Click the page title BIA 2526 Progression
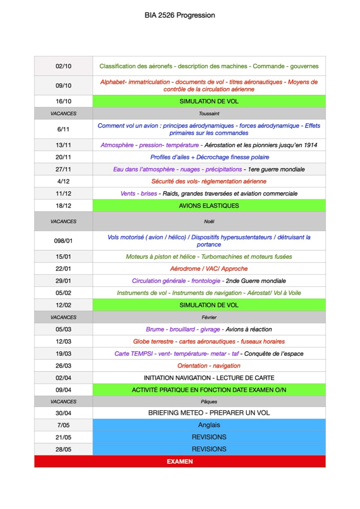coord(180,15)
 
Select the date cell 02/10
coord(64,66)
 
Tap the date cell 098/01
coord(64,241)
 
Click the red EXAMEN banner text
coord(180,461)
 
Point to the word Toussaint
coord(209,114)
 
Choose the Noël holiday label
coord(209,221)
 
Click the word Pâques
coord(209,401)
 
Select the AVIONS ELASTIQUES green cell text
coord(209,206)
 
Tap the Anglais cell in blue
coord(209,425)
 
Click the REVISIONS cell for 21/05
coord(209,437)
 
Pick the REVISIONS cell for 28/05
coord(209,449)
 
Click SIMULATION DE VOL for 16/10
coord(209,102)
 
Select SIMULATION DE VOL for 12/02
coord(209,305)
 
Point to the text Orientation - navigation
coord(209,366)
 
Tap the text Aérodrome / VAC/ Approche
coord(209,268)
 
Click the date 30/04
coord(64,413)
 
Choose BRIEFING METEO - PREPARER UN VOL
coord(209,413)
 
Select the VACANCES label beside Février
coord(64,317)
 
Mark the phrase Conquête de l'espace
coord(274,354)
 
